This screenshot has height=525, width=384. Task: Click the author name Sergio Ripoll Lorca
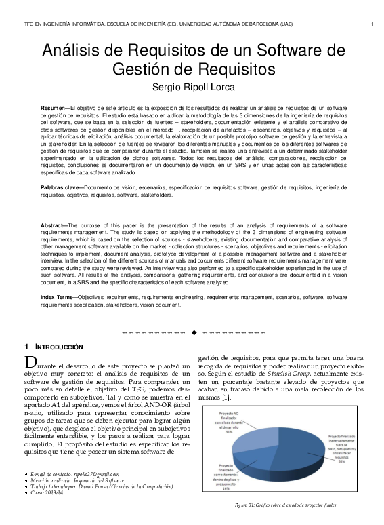(x=192, y=87)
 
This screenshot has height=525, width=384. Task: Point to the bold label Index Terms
(x=58, y=297)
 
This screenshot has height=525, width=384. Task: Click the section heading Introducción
(x=58, y=347)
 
